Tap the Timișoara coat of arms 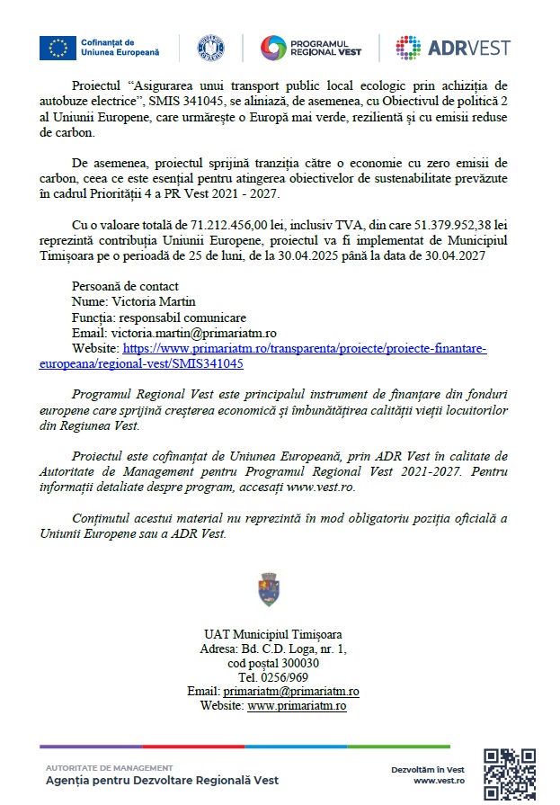tap(269, 589)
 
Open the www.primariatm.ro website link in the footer tap(297, 706)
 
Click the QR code tap(510, 774)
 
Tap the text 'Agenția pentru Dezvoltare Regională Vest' tap(162, 781)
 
